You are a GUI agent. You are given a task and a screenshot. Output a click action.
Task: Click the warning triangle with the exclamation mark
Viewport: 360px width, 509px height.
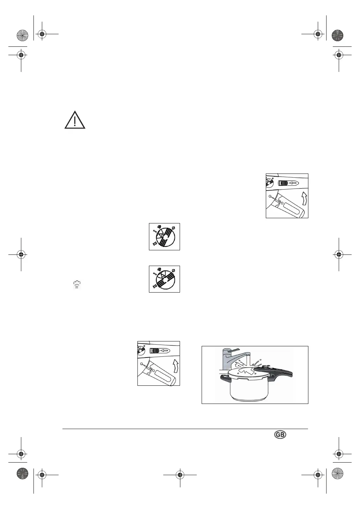(x=75, y=120)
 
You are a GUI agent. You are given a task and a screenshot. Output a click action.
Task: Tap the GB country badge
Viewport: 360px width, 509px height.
(x=280, y=435)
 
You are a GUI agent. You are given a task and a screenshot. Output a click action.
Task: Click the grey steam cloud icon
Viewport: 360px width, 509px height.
(x=77, y=285)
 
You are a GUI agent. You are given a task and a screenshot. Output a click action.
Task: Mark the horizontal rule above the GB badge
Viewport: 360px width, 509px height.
(x=185, y=429)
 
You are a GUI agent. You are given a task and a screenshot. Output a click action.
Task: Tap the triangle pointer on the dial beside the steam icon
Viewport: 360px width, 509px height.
(x=162, y=276)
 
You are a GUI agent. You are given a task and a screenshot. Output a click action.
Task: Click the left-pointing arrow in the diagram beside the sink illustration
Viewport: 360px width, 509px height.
(x=165, y=351)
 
